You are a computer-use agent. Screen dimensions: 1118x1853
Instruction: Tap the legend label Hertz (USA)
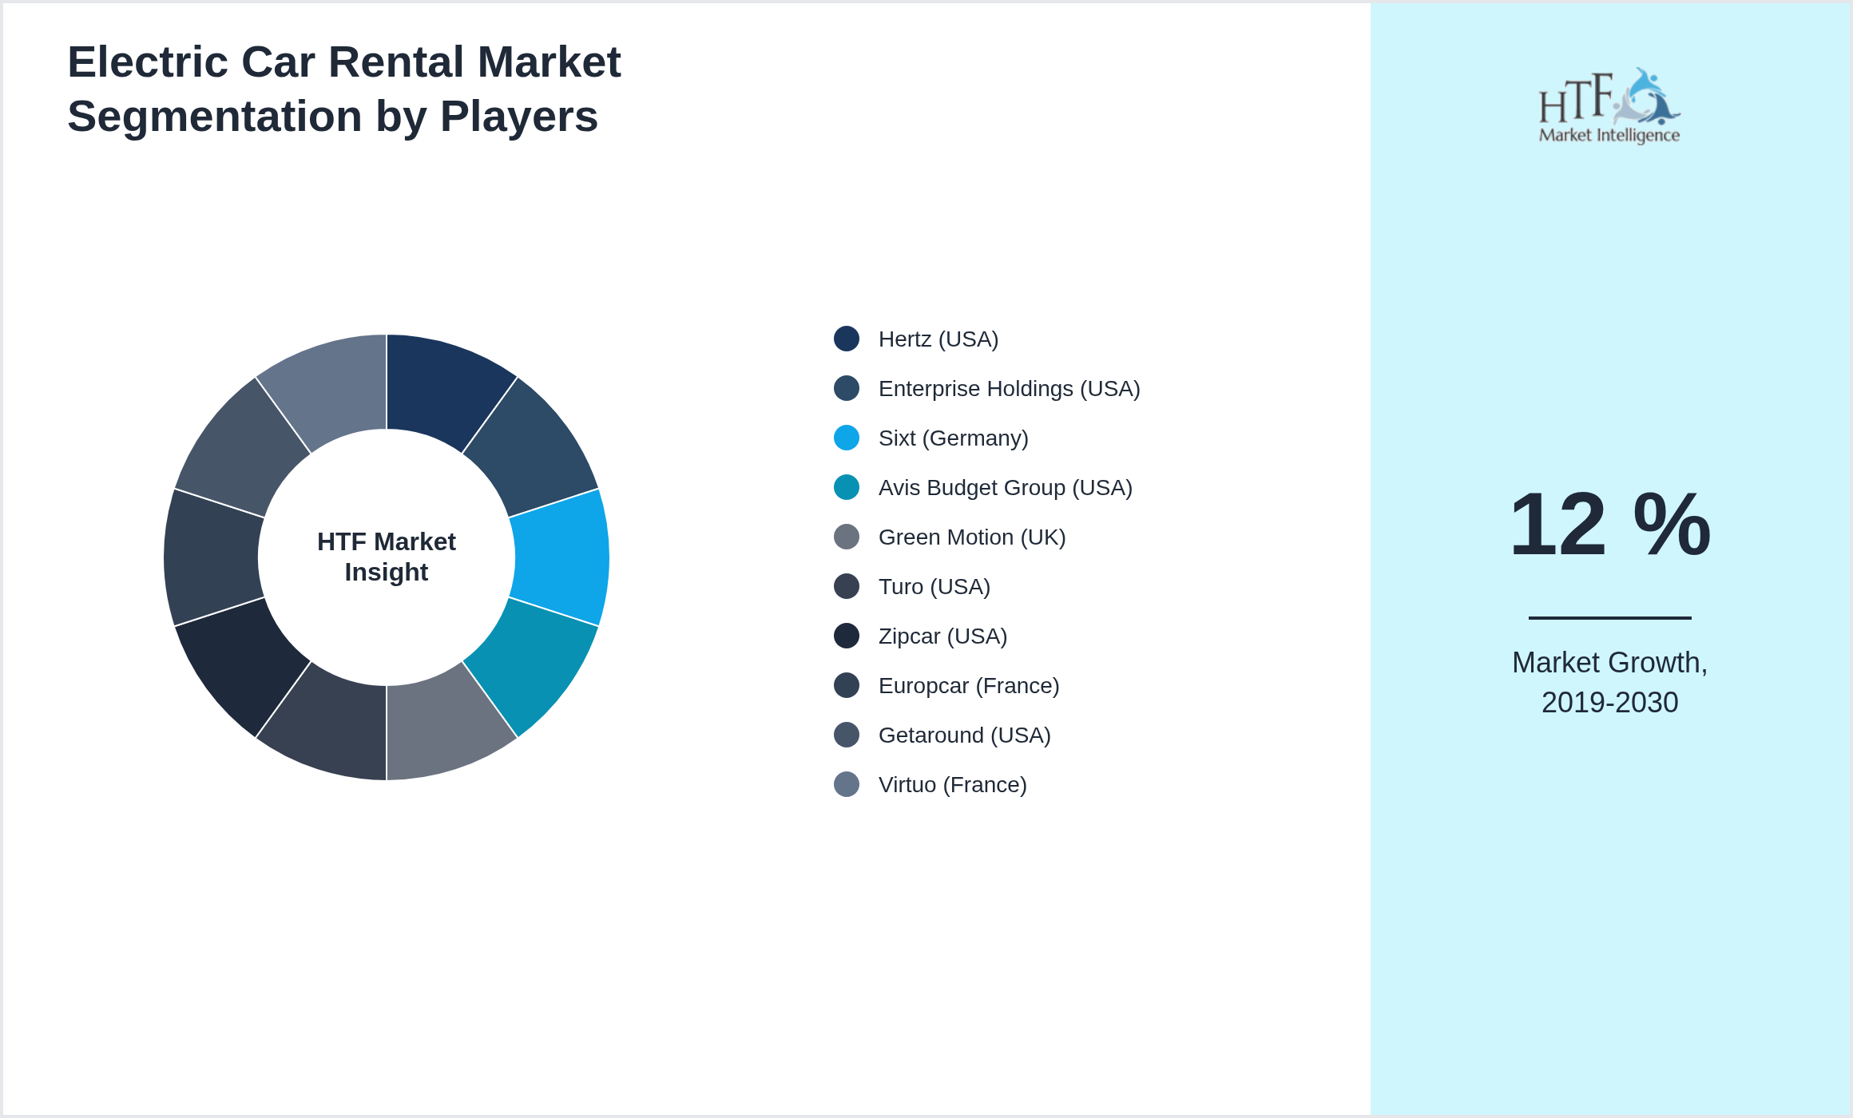[x=938, y=339]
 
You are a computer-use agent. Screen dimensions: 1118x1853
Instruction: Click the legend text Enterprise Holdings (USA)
[x=1009, y=389]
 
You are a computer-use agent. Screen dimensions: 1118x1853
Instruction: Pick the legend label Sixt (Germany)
[x=953, y=438]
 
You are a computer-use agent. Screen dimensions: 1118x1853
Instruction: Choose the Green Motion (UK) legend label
[x=971, y=537]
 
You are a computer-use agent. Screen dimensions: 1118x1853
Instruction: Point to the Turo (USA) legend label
[x=934, y=587]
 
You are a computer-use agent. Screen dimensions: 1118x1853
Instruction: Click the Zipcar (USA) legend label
[x=942, y=636]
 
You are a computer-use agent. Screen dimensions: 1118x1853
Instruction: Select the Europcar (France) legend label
[x=968, y=686]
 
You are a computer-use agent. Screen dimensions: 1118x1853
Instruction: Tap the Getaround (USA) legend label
[x=964, y=735]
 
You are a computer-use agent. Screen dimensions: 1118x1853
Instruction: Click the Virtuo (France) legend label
[x=952, y=785]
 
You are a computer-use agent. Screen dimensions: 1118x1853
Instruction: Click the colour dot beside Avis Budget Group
[x=847, y=487]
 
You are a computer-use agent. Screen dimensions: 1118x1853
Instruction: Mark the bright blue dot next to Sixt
[x=847, y=438]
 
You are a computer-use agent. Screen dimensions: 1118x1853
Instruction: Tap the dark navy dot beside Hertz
[x=847, y=339]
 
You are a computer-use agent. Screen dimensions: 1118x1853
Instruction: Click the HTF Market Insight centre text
[x=387, y=557]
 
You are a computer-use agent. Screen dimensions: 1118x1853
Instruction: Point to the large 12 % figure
[x=1609, y=525]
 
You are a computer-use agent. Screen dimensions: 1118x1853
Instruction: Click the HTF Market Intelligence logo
[x=1609, y=106]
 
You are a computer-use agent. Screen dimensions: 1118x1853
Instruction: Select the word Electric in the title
[x=149, y=62]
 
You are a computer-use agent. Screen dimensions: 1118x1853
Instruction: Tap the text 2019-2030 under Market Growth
[x=1609, y=703]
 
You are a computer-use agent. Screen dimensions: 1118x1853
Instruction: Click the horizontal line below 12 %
[x=1609, y=617]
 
